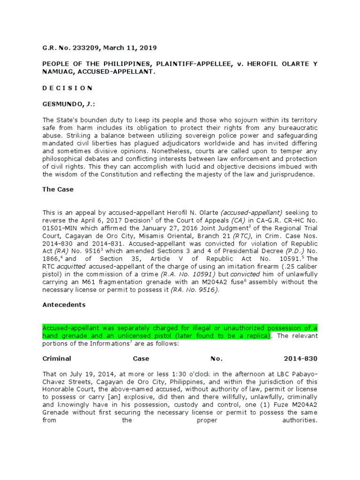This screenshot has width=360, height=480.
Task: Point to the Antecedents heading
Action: click(x=64, y=304)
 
